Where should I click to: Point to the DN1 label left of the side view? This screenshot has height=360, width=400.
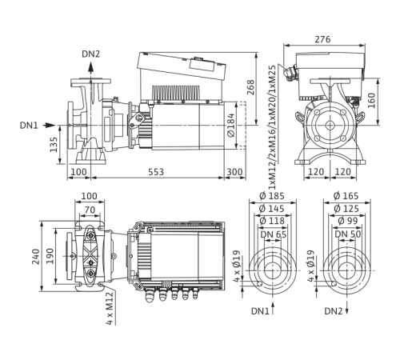[x=49, y=125]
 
